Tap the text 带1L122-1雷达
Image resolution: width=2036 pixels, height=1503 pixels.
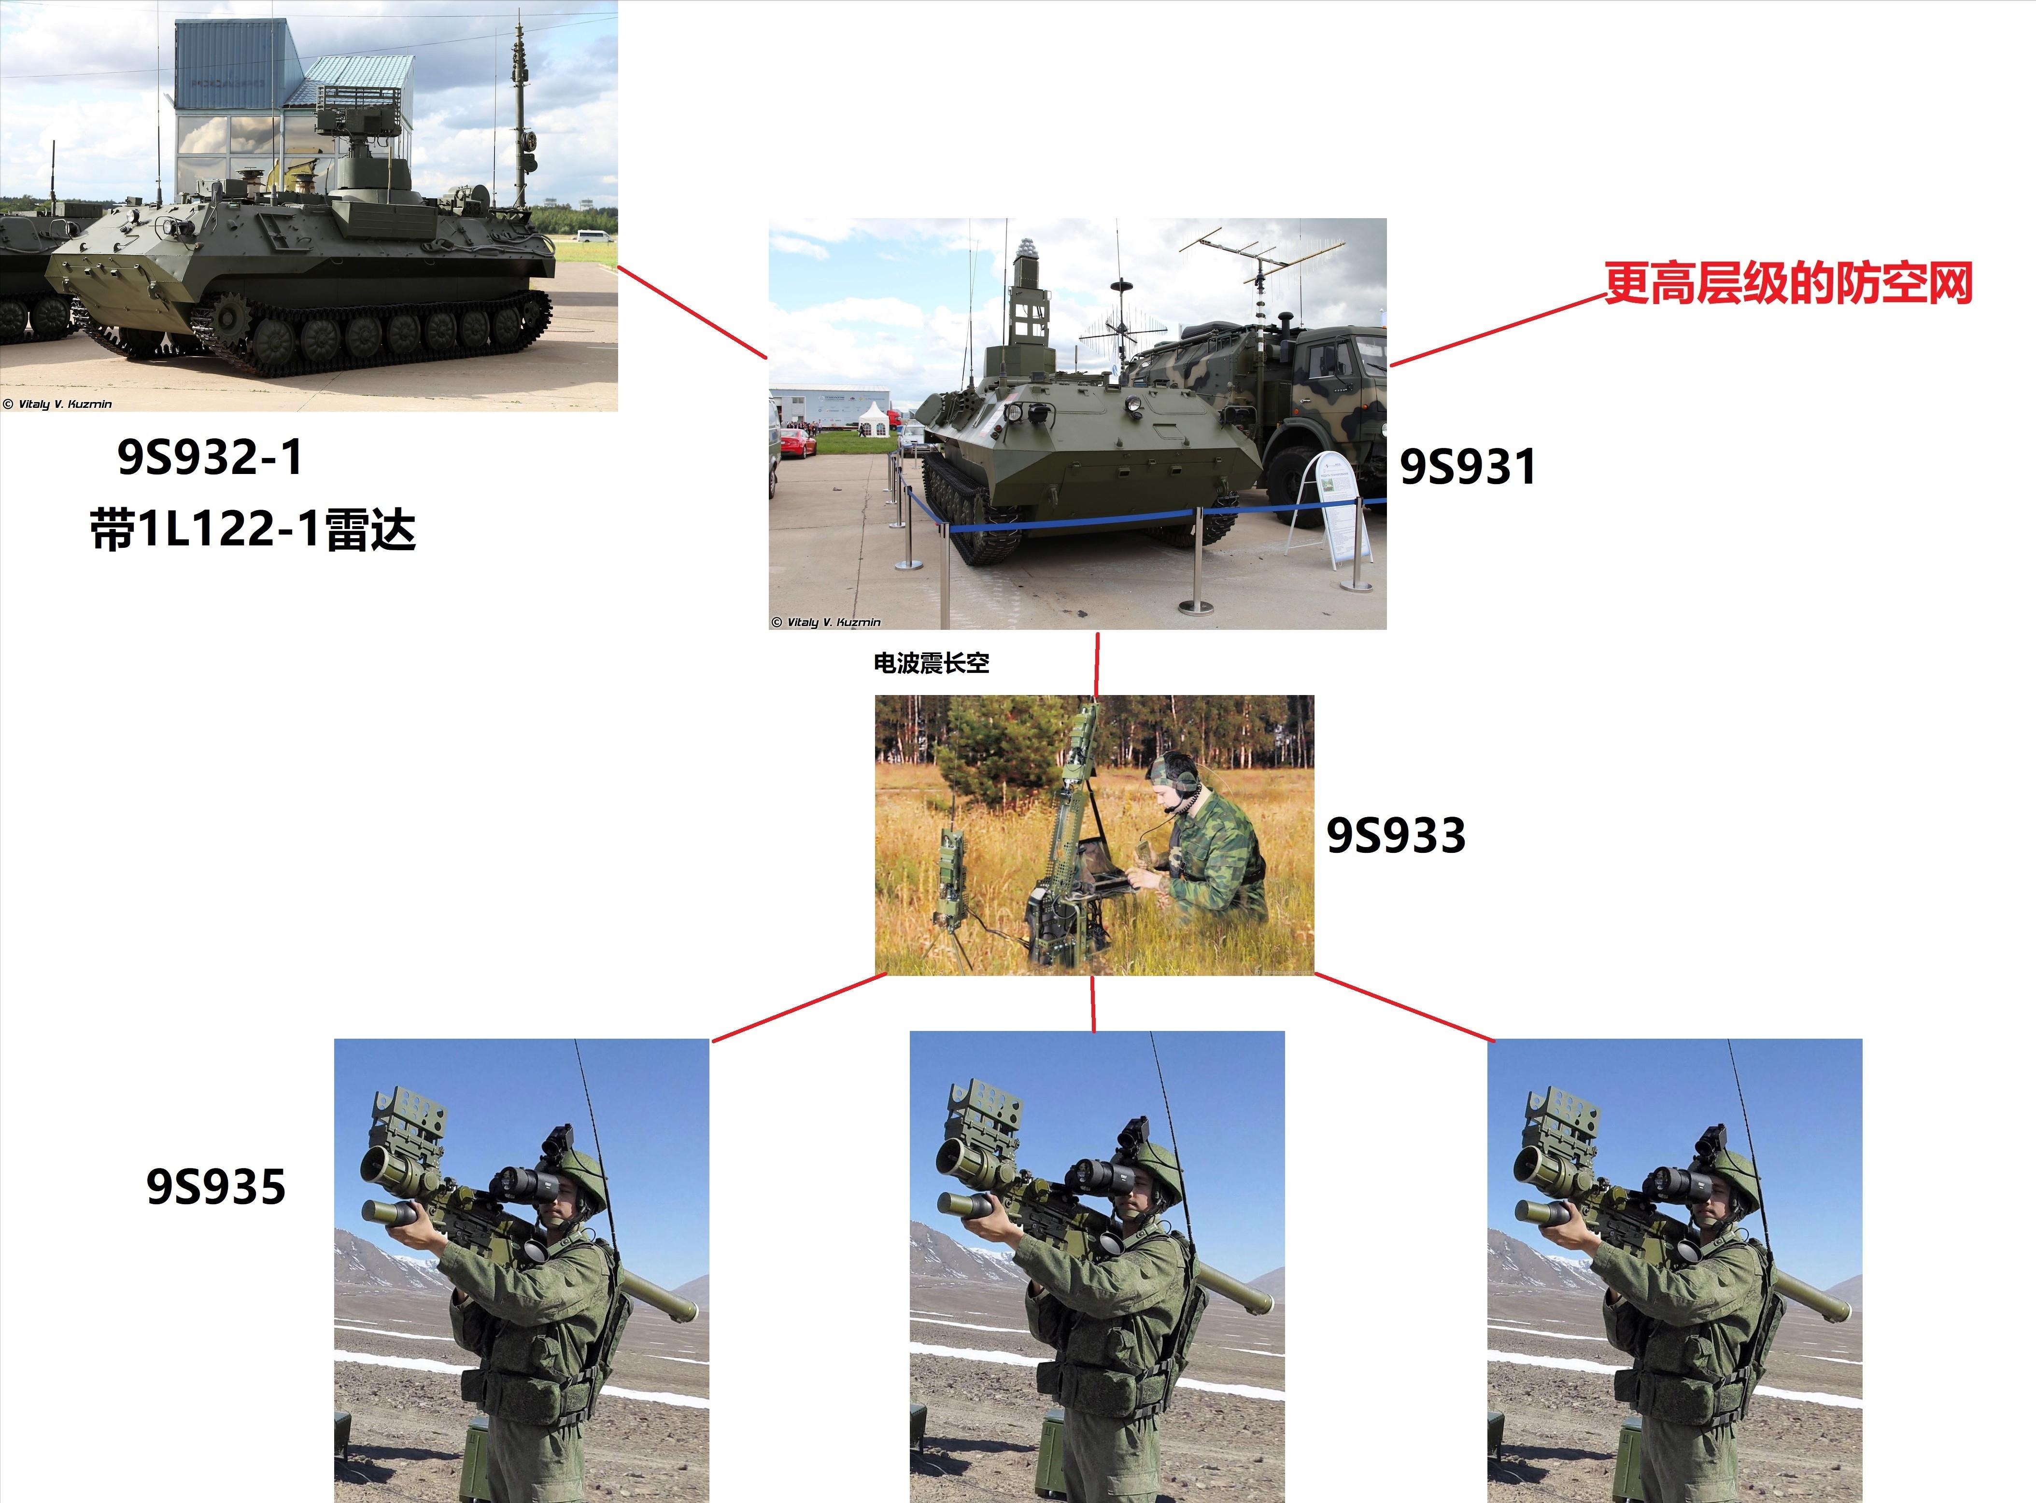click(x=253, y=529)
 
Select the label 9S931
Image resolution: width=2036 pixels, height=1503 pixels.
click(x=1467, y=467)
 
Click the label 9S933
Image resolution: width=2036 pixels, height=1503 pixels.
click(x=1395, y=835)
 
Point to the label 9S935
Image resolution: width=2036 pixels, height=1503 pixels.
click(x=216, y=1186)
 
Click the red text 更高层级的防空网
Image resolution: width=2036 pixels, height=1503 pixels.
click(x=1787, y=283)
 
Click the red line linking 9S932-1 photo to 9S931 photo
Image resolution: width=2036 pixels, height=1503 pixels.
click(x=692, y=312)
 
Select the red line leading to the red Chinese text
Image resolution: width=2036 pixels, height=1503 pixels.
click(x=1497, y=329)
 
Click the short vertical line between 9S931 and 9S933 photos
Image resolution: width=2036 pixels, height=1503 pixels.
click(x=1097, y=664)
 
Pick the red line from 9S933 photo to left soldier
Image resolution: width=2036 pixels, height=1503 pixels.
click(x=798, y=1007)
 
